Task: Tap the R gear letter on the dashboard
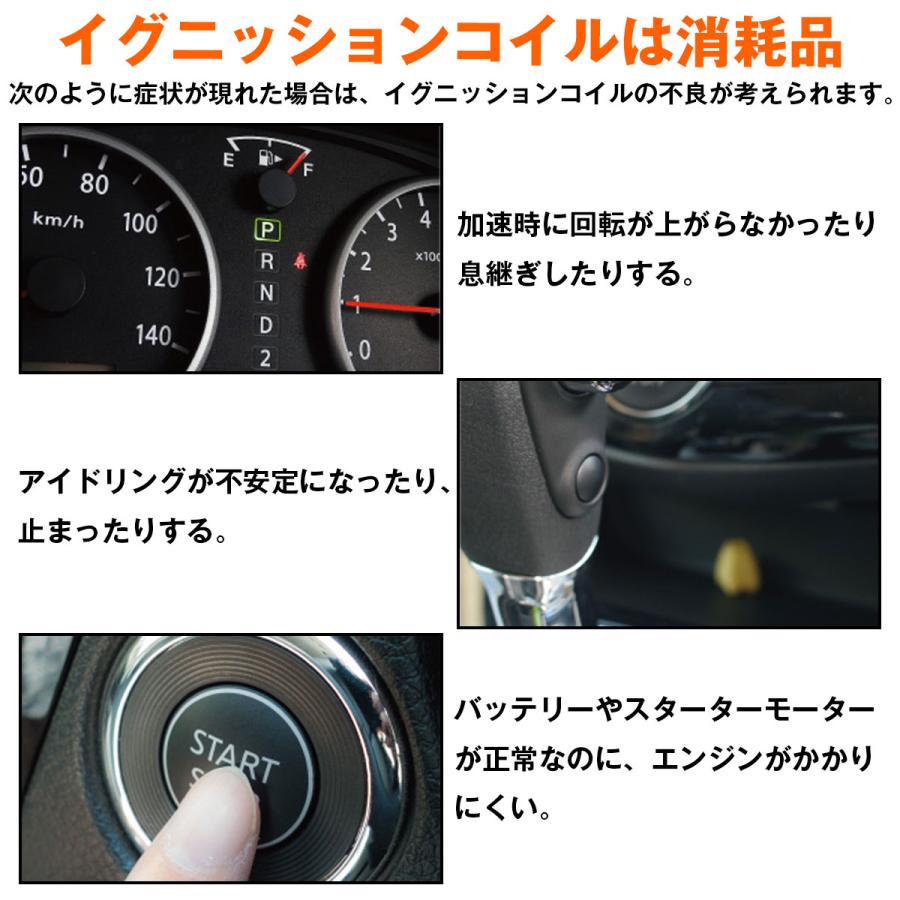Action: click(266, 262)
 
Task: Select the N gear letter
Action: click(266, 293)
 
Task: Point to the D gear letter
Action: click(266, 325)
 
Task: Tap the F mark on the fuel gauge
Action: click(307, 170)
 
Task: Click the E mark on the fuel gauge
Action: click(229, 161)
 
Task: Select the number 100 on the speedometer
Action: click(140, 222)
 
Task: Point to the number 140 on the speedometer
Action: click(153, 335)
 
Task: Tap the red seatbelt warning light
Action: click(299, 262)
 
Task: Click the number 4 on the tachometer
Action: click(425, 218)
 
